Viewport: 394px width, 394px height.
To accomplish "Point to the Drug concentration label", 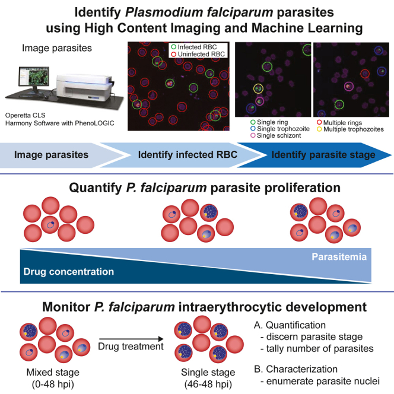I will coord(68,271).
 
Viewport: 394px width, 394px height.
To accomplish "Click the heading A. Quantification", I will coord(290,325).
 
